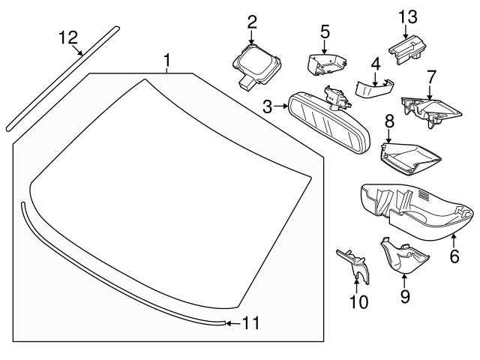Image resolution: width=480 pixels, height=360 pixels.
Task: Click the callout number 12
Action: pos(68,37)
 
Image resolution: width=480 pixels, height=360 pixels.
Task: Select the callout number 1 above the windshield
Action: pos(167,58)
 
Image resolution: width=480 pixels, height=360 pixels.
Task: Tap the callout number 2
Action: pos(251,21)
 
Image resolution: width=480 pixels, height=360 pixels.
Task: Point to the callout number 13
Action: pos(406,16)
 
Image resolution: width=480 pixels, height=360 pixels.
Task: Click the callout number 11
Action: pos(251,323)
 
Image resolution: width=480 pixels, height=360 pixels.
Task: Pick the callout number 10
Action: pos(358,301)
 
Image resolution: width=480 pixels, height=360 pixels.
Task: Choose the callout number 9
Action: pos(404,297)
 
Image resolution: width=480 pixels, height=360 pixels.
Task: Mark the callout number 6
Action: pos(454,256)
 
